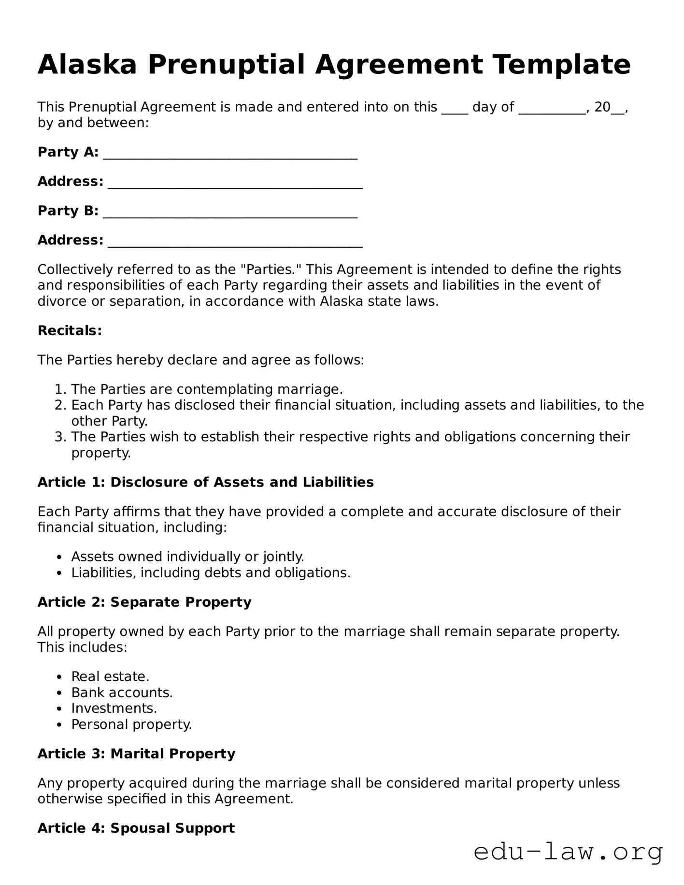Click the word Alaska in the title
(87, 65)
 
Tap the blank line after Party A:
(230, 154)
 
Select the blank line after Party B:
(230, 212)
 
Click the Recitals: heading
(70, 330)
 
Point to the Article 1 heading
(205, 482)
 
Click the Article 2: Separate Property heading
(144, 602)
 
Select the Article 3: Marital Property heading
(136, 754)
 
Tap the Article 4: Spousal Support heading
(136, 828)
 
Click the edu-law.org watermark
(568, 852)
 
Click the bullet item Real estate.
(110, 676)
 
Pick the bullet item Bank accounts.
(122, 692)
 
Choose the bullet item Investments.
(114, 708)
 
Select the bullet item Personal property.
(131, 724)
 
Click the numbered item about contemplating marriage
(207, 389)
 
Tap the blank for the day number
(455, 108)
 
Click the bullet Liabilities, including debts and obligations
(211, 572)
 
